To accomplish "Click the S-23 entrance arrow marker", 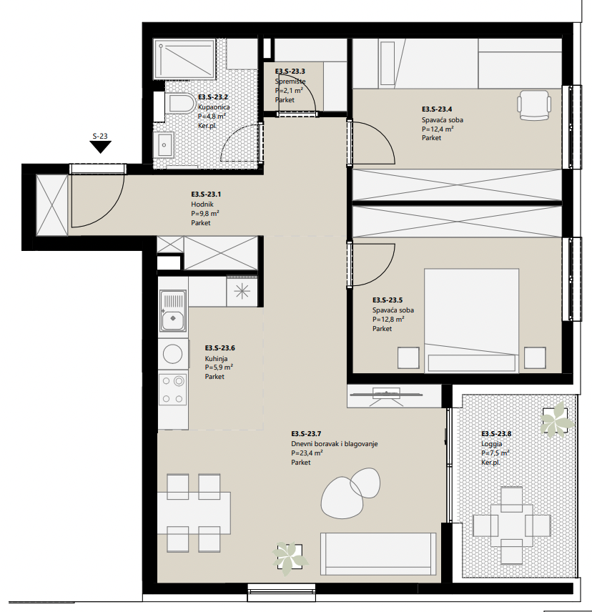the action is (x=100, y=147).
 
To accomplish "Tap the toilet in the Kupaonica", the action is (x=182, y=103).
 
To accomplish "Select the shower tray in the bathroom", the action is (x=184, y=58).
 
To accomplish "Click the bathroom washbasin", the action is (x=165, y=144).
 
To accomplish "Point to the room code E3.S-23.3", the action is (x=290, y=71).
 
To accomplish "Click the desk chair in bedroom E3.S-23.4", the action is (x=534, y=104).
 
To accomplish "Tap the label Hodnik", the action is (x=202, y=204).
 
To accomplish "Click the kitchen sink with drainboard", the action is (x=172, y=311).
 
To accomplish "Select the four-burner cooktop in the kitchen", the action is (x=172, y=389).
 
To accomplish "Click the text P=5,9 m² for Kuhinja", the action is (x=219, y=367).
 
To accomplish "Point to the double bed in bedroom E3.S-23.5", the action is (x=471, y=320).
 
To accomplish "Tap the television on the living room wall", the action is (x=386, y=395).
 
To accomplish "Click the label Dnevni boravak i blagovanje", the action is (x=335, y=444).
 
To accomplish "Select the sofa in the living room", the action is (x=378, y=554).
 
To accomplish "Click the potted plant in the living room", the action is (x=290, y=558).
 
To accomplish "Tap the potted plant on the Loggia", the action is (x=557, y=419).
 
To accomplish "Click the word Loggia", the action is (x=492, y=444).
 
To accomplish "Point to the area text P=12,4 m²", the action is (x=438, y=129).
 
